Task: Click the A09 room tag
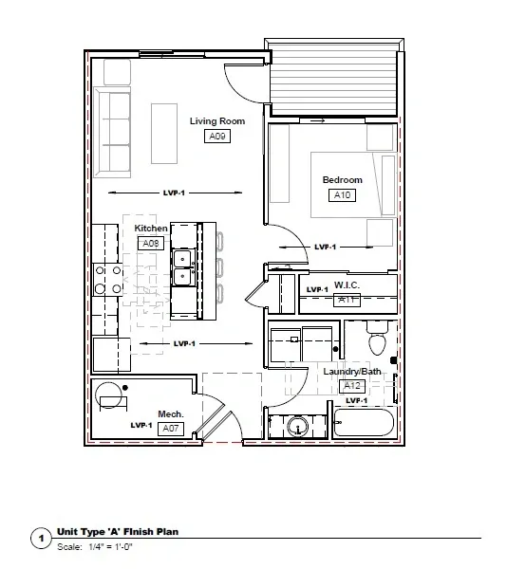(217, 136)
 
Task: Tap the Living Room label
(217, 120)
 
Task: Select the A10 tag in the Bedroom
(342, 194)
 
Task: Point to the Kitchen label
(151, 229)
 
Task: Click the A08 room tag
(151, 243)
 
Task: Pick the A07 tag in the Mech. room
(171, 429)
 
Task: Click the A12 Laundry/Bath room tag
(352, 386)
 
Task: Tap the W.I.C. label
(347, 285)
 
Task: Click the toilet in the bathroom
(377, 339)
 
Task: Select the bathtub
(364, 423)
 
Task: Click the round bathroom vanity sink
(298, 426)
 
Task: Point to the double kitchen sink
(183, 267)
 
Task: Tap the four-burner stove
(108, 280)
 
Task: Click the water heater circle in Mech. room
(108, 395)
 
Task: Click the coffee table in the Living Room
(164, 134)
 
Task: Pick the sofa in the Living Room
(112, 133)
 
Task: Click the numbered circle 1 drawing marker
(41, 538)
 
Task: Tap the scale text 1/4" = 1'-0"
(110, 547)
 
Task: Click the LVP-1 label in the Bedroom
(325, 248)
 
